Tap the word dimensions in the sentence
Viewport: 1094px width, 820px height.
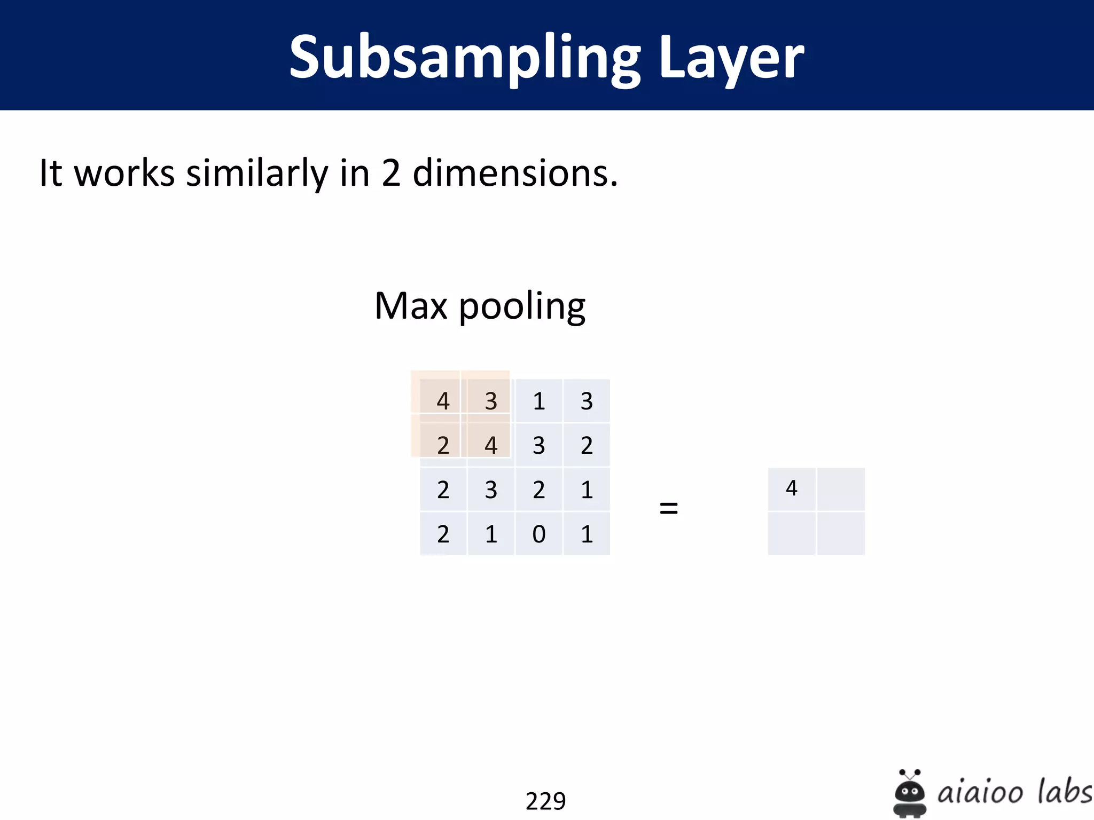pos(515,173)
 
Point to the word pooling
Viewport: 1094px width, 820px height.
pos(522,307)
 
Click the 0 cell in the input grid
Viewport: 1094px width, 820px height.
pos(539,534)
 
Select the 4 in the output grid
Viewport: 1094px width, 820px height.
pos(792,488)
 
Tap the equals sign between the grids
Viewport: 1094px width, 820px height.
pos(669,508)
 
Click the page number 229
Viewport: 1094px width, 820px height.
pos(545,801)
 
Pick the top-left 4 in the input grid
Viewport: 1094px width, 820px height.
pos(443,401)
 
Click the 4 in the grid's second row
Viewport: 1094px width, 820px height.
pos(491,445)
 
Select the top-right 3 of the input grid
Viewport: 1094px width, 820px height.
pos(587,401)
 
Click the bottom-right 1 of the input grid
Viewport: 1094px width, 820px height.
pos(587,534)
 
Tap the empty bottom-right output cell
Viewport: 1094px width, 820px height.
pos(841,534)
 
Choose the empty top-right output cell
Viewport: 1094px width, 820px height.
pos(841,489)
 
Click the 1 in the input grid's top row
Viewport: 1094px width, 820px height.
pos(539,401)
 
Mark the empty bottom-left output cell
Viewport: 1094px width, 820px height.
pos(792,534)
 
